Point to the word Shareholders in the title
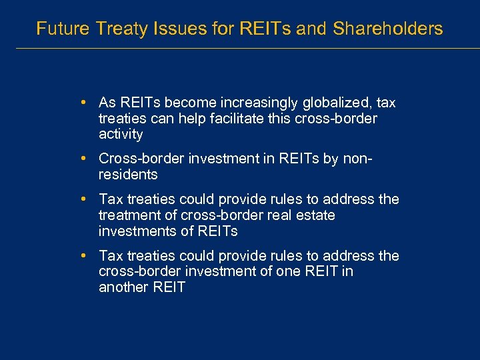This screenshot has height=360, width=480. pos(387,29)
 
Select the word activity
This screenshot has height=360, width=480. pos(121,135)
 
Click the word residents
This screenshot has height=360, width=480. pos(128,175)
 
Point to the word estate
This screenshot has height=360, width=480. pos(316,215)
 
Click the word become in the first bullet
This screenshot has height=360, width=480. pos(187,103)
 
